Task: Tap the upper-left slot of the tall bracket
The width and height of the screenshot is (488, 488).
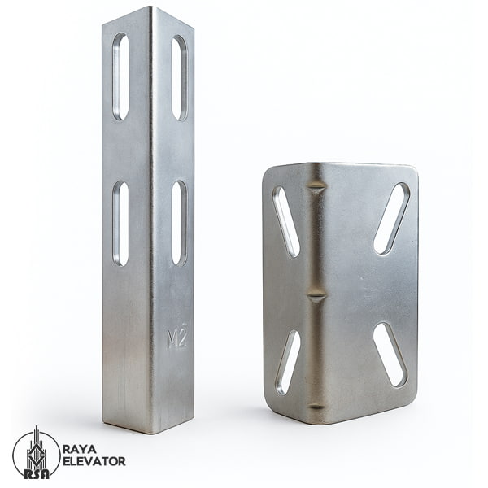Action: point(120,76)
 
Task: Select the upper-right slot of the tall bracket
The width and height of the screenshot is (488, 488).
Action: point(179,78)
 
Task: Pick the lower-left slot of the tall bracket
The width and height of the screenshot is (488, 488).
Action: point(120,224)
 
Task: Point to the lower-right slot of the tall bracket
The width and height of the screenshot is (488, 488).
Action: point(179,223)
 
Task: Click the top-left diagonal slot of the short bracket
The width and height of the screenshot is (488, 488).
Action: point(286,222)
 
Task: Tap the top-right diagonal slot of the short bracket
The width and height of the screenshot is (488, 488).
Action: point(391,219)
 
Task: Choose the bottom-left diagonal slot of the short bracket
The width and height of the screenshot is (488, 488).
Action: point(288,362)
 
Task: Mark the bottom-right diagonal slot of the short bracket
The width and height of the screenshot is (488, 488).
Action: point(390,355)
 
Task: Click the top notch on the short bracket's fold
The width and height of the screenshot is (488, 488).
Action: point(317,189)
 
